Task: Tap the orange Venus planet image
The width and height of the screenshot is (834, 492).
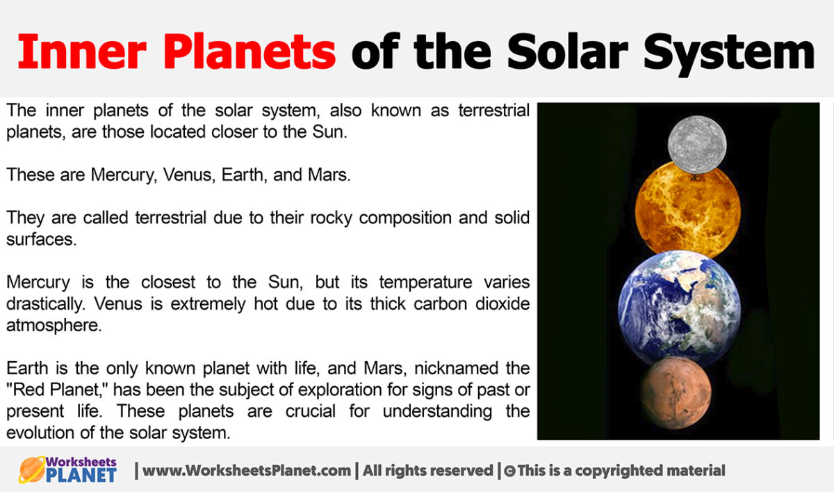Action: point(687,209)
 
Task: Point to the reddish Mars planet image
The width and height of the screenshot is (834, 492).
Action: point(676,393)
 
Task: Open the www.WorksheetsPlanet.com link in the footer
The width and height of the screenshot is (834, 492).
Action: point(246,471)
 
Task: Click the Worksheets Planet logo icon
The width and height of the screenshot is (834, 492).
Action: point(32,470)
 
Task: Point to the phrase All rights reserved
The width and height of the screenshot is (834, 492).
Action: point(427,471)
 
